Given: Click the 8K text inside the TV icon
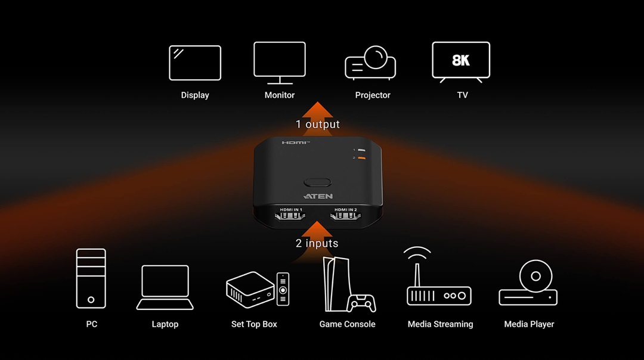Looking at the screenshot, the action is point(461,60).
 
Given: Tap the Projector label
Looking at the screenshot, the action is point(373,95).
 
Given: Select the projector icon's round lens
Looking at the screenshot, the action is point(376,57).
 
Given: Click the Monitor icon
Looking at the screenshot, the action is point(280,63).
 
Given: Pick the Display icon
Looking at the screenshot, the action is point(195,63).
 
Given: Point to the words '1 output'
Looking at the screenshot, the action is point(317,124).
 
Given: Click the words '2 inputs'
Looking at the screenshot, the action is point(317,243).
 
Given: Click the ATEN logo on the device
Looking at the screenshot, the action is point(318,196).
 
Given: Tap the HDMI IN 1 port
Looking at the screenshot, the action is point(290,215).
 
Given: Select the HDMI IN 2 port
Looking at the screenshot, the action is point(345,215).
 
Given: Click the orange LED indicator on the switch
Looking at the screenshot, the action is point(361,158).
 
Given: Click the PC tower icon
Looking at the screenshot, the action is point(91,278).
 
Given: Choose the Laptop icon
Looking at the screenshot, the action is point(165,287).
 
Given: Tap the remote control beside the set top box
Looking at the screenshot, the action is point(283,289).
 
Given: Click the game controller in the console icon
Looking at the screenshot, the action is point(361,303).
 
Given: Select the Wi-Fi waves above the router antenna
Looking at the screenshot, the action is point(417,252).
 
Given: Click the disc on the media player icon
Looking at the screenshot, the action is point(535,277).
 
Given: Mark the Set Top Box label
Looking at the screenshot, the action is point(254,324).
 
